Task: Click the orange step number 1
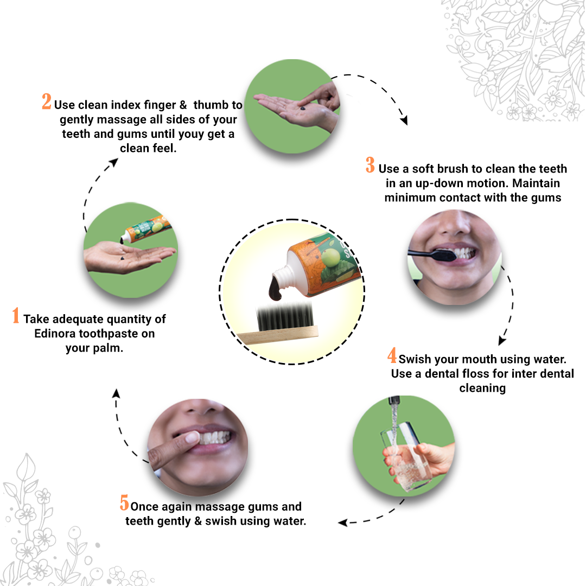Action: coord(16,316)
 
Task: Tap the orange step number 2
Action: coord(47,102)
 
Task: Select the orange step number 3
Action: coord(370,165)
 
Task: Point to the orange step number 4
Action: coord(392,356)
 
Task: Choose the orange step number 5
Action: coord(124,503)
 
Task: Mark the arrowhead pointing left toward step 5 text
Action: coord(342,522)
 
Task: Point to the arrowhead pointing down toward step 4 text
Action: coord(502,341)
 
